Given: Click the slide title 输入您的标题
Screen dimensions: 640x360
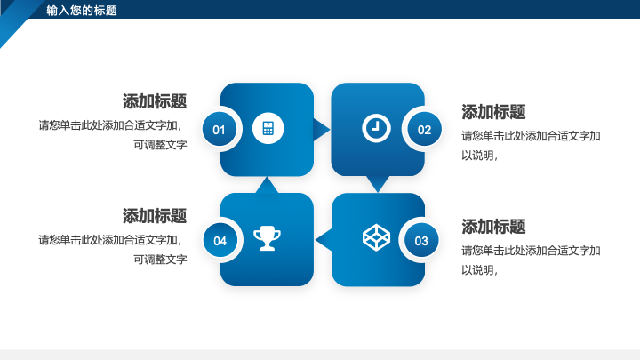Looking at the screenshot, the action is click(82, 10).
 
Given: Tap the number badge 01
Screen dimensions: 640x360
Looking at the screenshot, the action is click(220, 130).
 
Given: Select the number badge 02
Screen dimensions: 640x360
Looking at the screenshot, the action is click(425, 130).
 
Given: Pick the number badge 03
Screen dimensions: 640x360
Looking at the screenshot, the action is click(421, 240).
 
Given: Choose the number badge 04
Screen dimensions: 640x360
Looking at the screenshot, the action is click(220, 240).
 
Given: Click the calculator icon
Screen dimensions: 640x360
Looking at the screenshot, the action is click(268, 128).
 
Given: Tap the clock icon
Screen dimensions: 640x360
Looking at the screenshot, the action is click(376, 128).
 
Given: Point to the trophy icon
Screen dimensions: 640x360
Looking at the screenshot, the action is click(268, 238).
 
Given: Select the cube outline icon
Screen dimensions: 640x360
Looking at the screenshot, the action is click(376, 237).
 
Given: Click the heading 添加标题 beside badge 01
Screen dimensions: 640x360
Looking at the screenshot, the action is click(155, 101).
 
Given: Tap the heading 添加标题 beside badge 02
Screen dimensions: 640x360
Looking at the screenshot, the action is click(493, 112).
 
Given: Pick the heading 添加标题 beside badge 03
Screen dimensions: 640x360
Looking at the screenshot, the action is click(493, 227).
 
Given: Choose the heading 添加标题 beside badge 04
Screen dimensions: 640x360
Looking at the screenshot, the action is click(155, 216).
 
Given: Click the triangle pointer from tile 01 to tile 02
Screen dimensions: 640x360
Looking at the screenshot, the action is click(320, 130).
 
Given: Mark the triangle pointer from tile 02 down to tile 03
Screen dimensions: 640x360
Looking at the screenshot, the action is click(378, 183).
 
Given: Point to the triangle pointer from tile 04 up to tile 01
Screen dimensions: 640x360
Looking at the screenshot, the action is click(267, 186).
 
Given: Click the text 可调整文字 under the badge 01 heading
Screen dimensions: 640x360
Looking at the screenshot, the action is click(160, 145).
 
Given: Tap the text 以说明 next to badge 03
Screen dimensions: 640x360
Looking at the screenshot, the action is click(477, 270).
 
